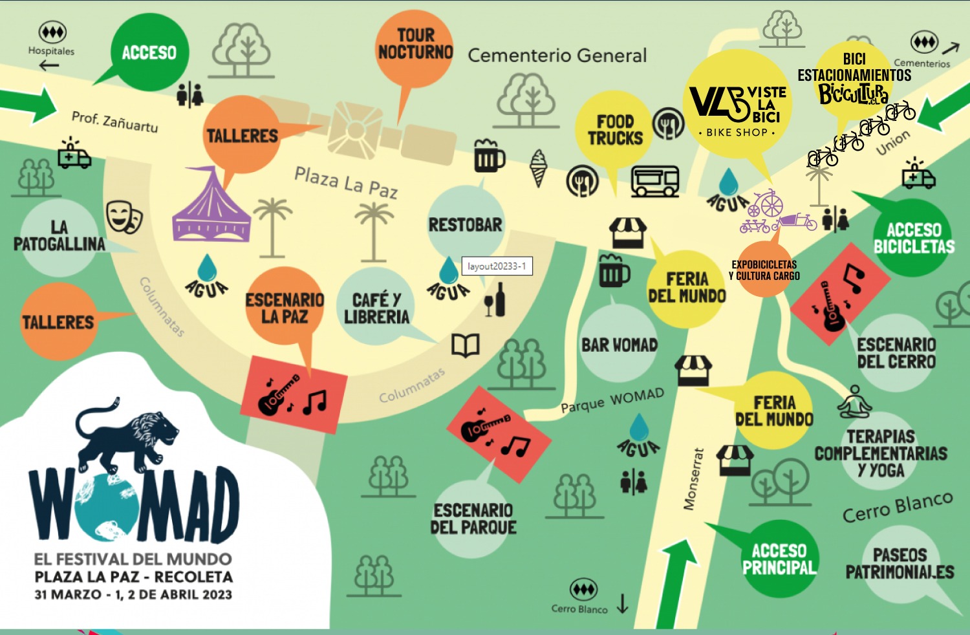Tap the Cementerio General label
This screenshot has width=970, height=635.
coord(557,56)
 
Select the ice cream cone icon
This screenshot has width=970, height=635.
coord(538,167)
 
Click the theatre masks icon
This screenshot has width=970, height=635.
coord(124,216)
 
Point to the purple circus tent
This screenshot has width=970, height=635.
coord(211,206)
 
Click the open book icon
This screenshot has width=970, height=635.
coord(465,346)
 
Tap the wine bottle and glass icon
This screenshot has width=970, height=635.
coord(495,300)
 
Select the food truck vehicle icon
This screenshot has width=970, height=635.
coord(655,180)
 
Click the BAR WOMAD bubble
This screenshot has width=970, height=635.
coord(619,345)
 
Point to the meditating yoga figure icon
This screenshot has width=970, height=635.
coord(855,402)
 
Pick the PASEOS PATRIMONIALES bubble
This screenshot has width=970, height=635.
coord(900,563)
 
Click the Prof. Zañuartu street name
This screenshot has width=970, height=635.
coord(114,121)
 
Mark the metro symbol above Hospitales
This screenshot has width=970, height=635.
coord(52,32)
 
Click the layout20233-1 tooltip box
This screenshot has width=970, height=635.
coord(497,266)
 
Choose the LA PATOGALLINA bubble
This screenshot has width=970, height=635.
coord(59,235)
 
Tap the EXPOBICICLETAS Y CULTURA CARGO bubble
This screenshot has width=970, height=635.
coord(764,270)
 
